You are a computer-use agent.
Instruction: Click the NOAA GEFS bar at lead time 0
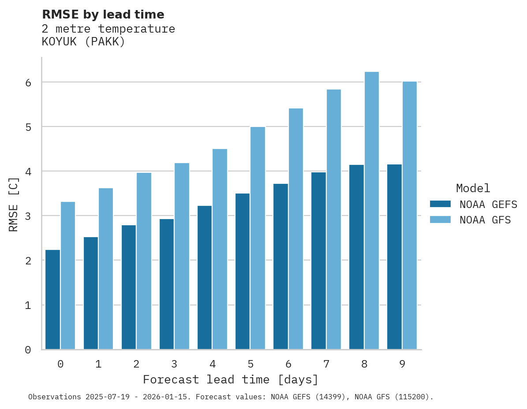(x=52, y=300)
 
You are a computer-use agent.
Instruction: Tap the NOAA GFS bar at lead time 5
(x=258, y=238)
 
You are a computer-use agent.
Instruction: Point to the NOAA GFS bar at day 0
(x=68, y=275)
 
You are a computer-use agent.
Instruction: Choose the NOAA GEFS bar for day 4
(x=205, y=278)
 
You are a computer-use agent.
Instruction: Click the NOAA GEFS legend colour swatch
(x=440, y=204)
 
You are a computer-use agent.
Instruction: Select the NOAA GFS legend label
(x=485, y=220)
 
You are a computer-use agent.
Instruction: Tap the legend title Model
(x=473, y=189)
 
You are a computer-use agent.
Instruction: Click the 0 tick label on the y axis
(x=27, y=350)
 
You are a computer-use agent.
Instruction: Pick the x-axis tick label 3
(x=174, y=364)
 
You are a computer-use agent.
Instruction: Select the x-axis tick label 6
(x=288, y=364)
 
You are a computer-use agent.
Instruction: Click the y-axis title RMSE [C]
(x=14, y=204)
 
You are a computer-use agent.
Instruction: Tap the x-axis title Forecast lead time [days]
(x=230, y=379)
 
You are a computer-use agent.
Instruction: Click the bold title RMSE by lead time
(x=103, y=15)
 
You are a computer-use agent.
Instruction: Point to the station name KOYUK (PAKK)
(x=83, y=42)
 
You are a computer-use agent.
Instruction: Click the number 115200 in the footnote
(x=413, y=397)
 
